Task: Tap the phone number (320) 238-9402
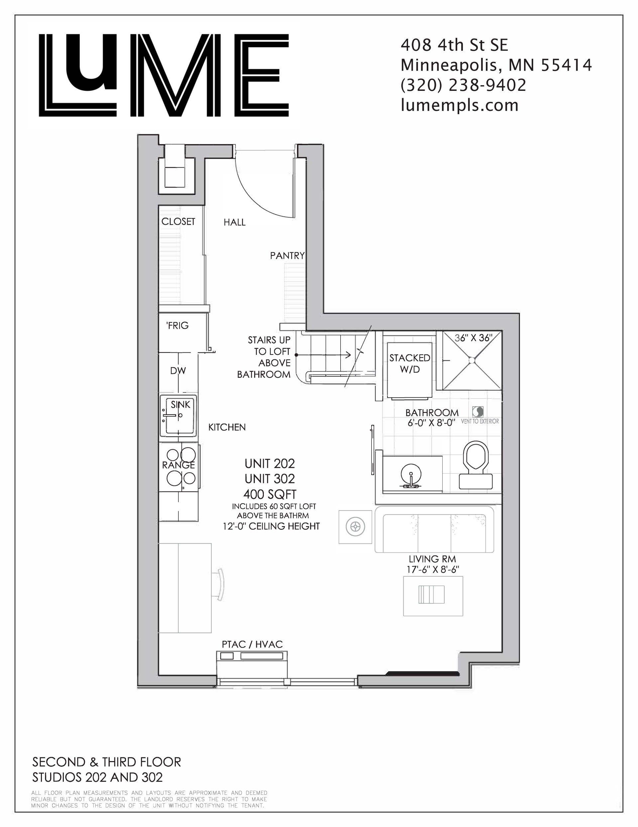(463, 85)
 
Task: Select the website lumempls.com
(460, 105)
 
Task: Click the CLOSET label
(178, 222)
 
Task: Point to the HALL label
(235, 222)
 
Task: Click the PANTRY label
(287, 256)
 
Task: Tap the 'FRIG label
(177, 325)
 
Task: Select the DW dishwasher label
(178, 371)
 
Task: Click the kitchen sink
(178, 415)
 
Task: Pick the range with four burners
(178, 467)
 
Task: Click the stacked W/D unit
(410, 371)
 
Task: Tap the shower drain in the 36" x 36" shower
(472, 360)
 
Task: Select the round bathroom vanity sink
(410, 476)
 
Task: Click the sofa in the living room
(434, 530)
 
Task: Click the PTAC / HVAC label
(252, 644)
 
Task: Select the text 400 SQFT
(269, 494)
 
